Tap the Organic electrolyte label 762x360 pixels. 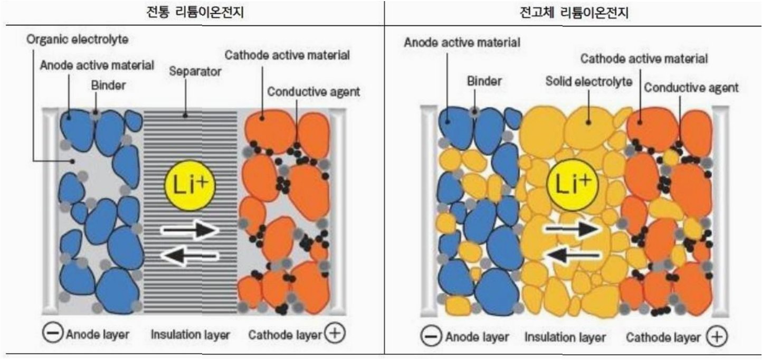point(78,40)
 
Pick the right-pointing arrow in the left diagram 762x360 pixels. point(189,230)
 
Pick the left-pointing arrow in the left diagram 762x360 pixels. point(189,256)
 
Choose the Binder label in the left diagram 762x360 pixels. point(108,85)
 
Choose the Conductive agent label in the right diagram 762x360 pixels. point(691,88)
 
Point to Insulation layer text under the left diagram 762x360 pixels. point(190,334)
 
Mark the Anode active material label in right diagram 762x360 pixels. point(462,42)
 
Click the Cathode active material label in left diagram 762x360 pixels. point(288,55)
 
